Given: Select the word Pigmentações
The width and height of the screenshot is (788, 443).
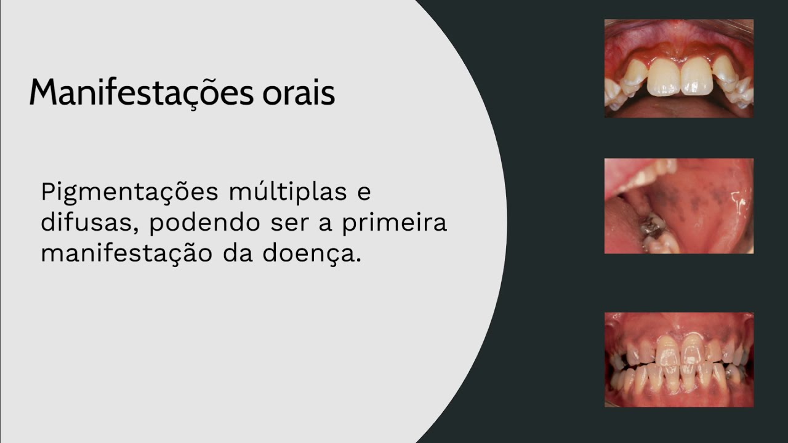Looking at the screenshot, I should tap(129, 193).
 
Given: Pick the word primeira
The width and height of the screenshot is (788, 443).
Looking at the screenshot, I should tap(395, 222).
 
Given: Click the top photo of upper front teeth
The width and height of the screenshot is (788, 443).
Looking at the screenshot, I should tap(678, 68).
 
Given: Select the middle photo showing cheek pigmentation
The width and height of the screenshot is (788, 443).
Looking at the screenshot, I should tap(678, 206).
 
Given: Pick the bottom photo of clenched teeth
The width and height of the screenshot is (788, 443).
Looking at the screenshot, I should tap(678, 359).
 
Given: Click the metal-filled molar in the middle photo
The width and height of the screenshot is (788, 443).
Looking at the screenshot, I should tap(652, 229).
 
